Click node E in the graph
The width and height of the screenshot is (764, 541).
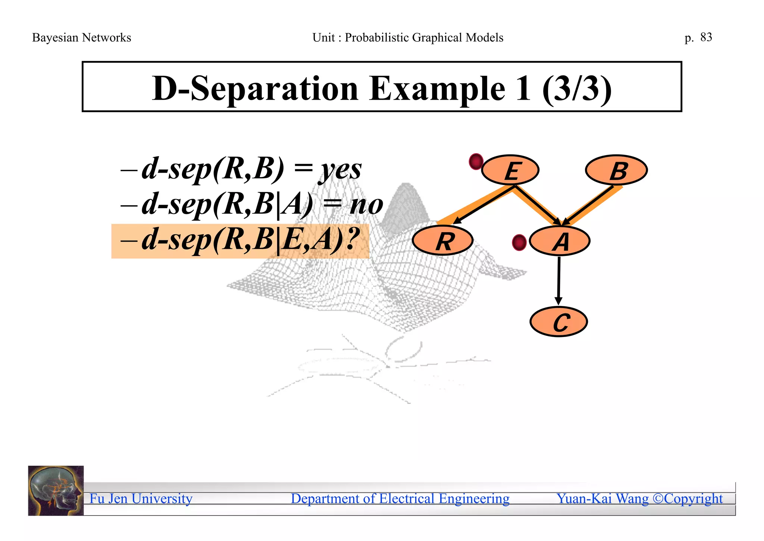tap(510, 170)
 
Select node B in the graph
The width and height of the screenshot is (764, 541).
tap(616, 170)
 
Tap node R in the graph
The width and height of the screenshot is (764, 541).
tap(443, 241)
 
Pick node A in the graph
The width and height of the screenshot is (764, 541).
tap(560, 241)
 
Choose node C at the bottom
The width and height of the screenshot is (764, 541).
tap(559, 322)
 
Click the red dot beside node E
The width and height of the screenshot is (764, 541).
tap(476, 162)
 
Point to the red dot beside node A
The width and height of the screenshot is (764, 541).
tap(519, 242)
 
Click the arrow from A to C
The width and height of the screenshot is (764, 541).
tap(558, 280)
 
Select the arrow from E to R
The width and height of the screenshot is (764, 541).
tap(483, 205)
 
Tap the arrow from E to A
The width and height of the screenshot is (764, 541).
tap(537, 205)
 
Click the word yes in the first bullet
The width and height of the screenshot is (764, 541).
tap(340, 170)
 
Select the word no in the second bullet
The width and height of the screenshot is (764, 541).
tap(366, 205)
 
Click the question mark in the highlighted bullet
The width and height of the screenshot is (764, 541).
tap(352, 239)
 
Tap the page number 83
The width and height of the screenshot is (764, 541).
tap(706, 37)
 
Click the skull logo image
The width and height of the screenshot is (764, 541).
tap(56, 491)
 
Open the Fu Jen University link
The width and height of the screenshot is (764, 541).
tap(141, 499)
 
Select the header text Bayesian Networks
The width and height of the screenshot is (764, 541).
tap(82, 38)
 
